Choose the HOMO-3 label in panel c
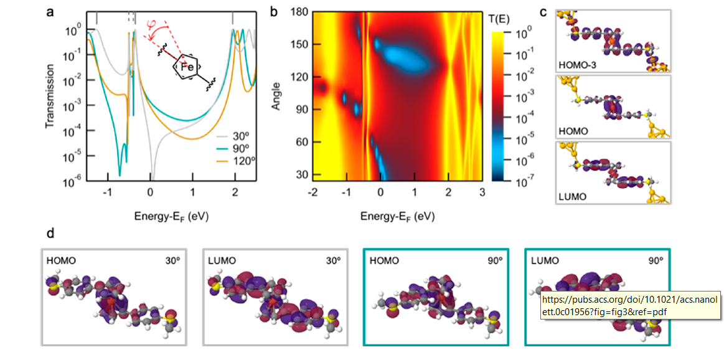coord(578,65)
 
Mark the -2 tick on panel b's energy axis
coord(311,191)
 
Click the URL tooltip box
coord(629,305)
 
